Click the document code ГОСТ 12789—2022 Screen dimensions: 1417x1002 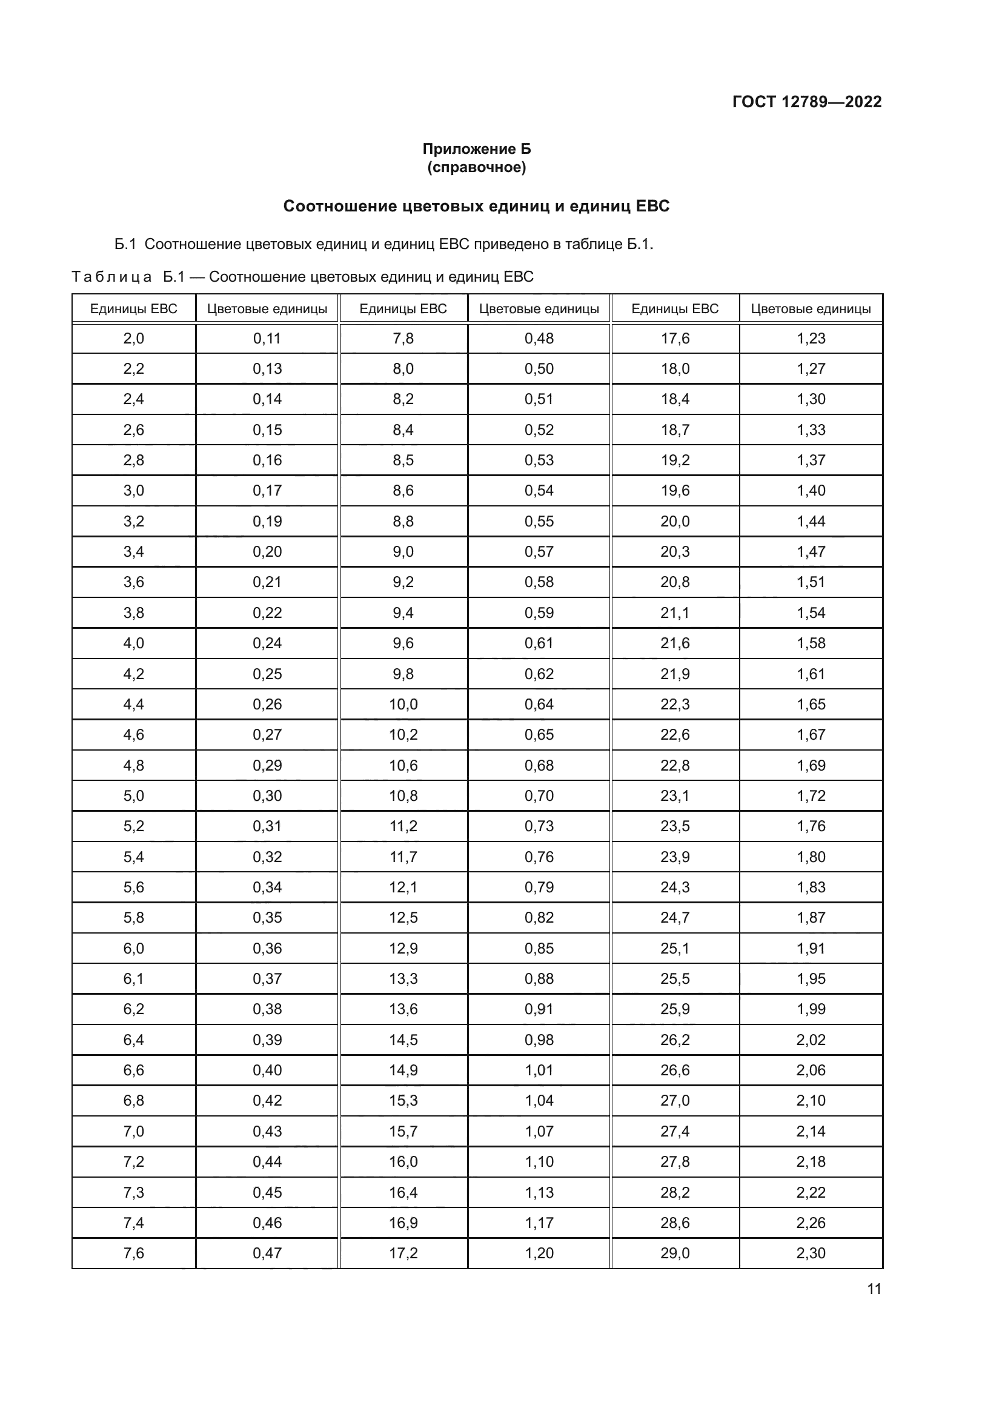click(x=806, y=102)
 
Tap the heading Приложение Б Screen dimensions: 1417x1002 click(x=476, y=149)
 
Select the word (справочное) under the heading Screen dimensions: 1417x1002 click(x=476, y=167)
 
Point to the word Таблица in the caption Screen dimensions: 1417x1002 click(x=111, y=276)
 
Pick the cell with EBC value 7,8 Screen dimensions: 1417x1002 click(x=403, y=338)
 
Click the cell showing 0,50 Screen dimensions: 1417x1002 click(x=539, y=369)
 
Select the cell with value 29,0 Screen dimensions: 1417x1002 click(x=674, y=1253)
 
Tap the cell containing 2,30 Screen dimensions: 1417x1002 click(x=810, y=1253)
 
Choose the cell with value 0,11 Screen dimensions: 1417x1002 click(x=267, y=338)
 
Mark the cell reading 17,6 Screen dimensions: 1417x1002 click(x=674, y=338)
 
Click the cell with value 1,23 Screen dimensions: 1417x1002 click(x=810, y=338)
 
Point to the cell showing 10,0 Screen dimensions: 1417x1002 click(x=403, y=704)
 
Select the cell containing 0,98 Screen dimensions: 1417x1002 click(x=539, y=1040)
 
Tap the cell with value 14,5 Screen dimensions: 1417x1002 click(x=403, y=1040)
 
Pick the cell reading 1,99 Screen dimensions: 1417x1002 click(x=810, y=1009)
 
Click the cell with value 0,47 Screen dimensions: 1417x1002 click(x=267, y=1253)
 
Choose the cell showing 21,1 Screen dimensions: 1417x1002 click(x=674, y=613)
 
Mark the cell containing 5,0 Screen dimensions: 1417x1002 click(x=133, y=795)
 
